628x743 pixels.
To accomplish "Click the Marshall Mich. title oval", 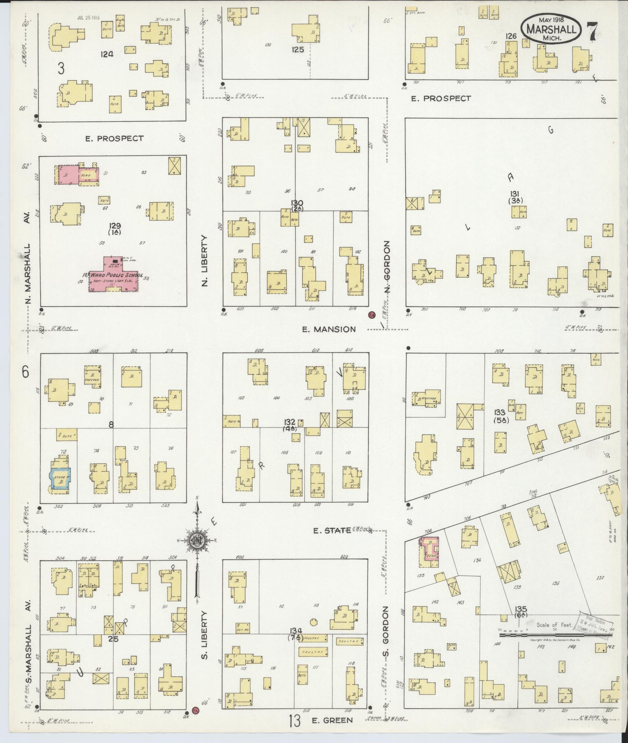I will [550, 29].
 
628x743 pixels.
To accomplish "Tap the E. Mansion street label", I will [329, 329].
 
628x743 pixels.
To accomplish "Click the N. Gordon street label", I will [387, 267].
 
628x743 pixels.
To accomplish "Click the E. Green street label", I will [332, 720].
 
